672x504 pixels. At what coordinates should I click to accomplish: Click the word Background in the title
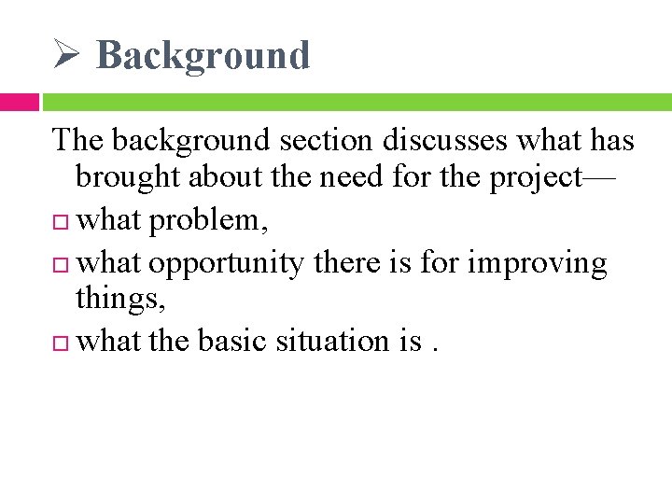tap(203, 55)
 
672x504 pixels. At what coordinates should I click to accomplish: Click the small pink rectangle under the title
tap(19, 102)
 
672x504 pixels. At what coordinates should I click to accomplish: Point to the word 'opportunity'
tap(227, 263)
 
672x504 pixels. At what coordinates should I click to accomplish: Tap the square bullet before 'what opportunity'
tap(62, 264)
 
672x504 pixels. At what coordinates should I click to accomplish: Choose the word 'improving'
tap(537, 263)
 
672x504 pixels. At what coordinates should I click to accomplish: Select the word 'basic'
tap(232, 342)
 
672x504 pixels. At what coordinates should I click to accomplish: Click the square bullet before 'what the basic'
tap(62, 343)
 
